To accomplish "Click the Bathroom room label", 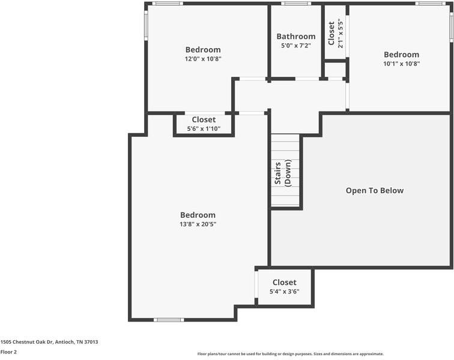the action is [296, 37].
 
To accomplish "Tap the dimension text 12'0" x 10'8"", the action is [203, 59].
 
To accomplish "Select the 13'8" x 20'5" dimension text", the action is [198, 224].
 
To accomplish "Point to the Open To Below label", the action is [375, 190].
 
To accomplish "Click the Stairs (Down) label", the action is [283, 173].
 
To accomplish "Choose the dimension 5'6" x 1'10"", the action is [204, 128].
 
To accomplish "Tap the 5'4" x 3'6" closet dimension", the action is [284, 292].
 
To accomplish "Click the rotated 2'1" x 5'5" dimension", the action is [340, 34].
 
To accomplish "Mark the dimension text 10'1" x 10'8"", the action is [402, 64].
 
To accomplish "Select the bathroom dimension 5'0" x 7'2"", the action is [296, 46].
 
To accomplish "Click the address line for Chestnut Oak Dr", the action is [49, 342].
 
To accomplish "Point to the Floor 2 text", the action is [8, 352].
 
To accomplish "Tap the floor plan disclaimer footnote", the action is [291, 353].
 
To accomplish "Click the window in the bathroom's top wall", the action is [296, 4].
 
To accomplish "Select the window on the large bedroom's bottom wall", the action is [169, 320].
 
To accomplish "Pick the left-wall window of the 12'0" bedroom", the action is [146, 25].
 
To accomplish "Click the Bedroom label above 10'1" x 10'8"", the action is [402, 55].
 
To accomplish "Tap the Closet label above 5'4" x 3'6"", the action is [284, 283].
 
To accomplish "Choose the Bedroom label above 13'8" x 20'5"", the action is [198, 215].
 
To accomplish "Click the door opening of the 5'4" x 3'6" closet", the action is [256, 284].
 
